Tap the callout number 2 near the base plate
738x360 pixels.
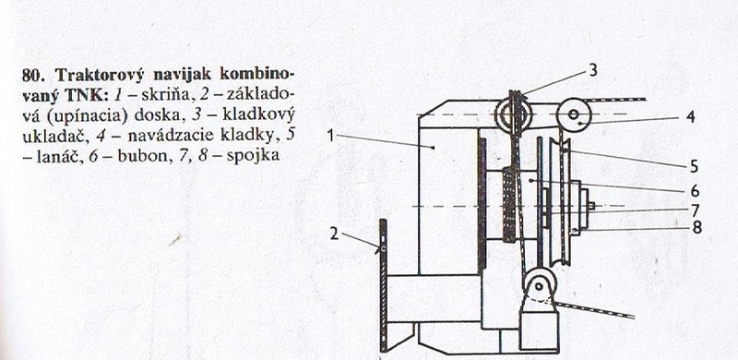click(x=335, y=234)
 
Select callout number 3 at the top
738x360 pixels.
click(x=593, y=70)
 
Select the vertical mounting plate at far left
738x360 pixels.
click(x=382, y=283)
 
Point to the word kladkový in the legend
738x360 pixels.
click(x=266, y=111)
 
